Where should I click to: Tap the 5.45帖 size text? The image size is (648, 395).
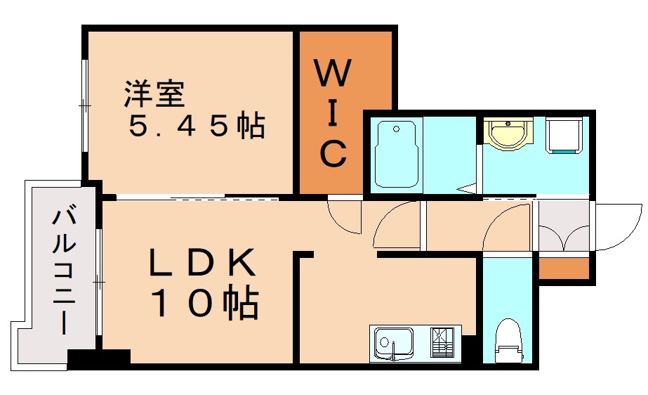click(x=196, y=127)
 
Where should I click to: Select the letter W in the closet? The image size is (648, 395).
click(x=333, y=73)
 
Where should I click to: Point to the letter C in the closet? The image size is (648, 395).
click(x=333, y=153)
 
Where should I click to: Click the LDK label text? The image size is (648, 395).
click(x=201, y=264)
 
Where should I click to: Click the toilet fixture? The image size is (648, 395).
click(x=507, y=341)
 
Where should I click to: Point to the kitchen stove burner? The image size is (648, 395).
click(x=443, y=343)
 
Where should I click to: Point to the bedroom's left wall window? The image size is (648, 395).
click(x=85, y=105)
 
